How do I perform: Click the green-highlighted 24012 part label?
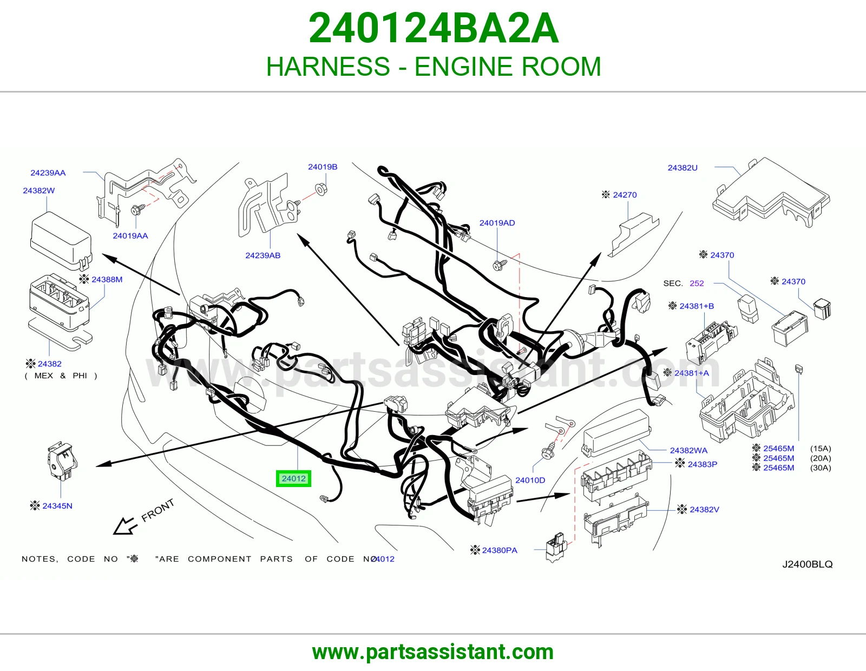pyautogui.click(x=293, y=478)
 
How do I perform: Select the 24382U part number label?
pyautogui.click(x=683, y=168)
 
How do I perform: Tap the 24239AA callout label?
pyautogui.click(x=48, y=173)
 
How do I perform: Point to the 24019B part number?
pyautogui.click(x=323, y=167)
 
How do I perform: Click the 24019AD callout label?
pyautogui.click(x=497, y=223)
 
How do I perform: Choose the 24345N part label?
pyautogui.click(x=57, y=505)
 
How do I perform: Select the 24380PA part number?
pyautogui.click(x=500, y=550)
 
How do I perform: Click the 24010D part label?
pyautogui.click(x=530, y=480)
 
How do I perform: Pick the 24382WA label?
pyautogui.click(x=688, y=450)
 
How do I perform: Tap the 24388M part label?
pyautogui.click(x=107, y=279)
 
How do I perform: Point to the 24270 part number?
pyautogui.click(x=625, y=195)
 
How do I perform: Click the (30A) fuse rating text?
pyautogui.click(x=821, y=468)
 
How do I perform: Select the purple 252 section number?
pyautogui.click(x=697, y=284)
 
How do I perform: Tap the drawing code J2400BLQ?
pyautogui.click(x=808, y=564)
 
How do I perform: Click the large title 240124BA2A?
pyautogui.click(x=434, y=28)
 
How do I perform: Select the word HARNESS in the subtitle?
pyautogui.click(x=328, y=66)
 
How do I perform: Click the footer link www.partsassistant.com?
pyautogui.click(x=433, y=652)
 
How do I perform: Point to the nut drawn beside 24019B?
pyautogui.click(x=321, y=189)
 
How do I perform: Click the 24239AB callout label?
pyautogui.click(x=263, y=255)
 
